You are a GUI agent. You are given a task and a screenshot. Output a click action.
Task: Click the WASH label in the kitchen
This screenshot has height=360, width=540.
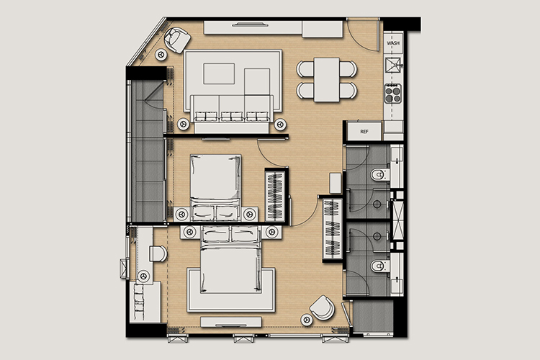pyautogui.click(x=393, y=43)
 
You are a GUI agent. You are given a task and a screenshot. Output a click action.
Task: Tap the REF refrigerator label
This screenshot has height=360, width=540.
pyautogui.click(x=364, y=132)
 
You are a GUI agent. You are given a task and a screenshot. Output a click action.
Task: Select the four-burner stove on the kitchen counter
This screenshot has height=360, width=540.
pyautogui.click(x=393, y=94)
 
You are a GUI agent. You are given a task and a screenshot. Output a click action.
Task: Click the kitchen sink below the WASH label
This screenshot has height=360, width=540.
pyautogui.click(x=393, y=65)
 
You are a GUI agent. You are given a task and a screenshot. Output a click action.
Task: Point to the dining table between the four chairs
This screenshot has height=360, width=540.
pyautogui.click(x=327, y=80)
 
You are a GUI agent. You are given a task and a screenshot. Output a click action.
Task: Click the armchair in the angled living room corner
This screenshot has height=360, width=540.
pyautogui.click(x=177, y=40)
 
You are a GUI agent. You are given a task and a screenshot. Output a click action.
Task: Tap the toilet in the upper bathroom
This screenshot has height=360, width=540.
pyautogui.click(x=380, y=175)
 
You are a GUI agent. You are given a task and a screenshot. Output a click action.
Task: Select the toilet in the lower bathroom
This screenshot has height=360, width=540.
pyautogui.click(x=380, y=266)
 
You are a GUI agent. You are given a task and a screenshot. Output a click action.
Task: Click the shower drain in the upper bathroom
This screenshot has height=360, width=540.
pyautogui.click(x=377, y=204)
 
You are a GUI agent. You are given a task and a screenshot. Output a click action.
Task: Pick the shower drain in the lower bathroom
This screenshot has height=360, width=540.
pyautogui.click(x=377, y=237)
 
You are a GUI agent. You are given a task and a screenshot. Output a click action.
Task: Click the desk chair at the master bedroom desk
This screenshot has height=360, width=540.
pyautogui.click(x=158, y=254)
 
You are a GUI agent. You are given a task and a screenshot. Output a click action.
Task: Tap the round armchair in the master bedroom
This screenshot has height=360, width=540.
pyautogui.click(x=322, y=307)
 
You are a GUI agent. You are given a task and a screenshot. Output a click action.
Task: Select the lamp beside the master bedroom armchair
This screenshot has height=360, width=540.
pyautogui.click(x=307, y=320)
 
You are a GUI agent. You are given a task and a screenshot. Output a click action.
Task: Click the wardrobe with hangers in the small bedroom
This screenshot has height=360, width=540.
pyautogui.click(x=274, y=196)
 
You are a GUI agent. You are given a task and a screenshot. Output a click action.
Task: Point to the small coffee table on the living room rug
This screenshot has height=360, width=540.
pyautogui.click(x=219, y=73)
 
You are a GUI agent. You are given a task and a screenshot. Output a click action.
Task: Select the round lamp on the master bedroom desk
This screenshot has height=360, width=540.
pyautogui.click(x=143, y=276)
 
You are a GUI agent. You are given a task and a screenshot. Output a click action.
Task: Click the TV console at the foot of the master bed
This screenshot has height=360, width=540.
pyautogui.click(x=230, y=323)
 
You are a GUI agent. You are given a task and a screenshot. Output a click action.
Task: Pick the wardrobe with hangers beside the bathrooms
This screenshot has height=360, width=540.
pyautogui.click(x=333, y=229)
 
